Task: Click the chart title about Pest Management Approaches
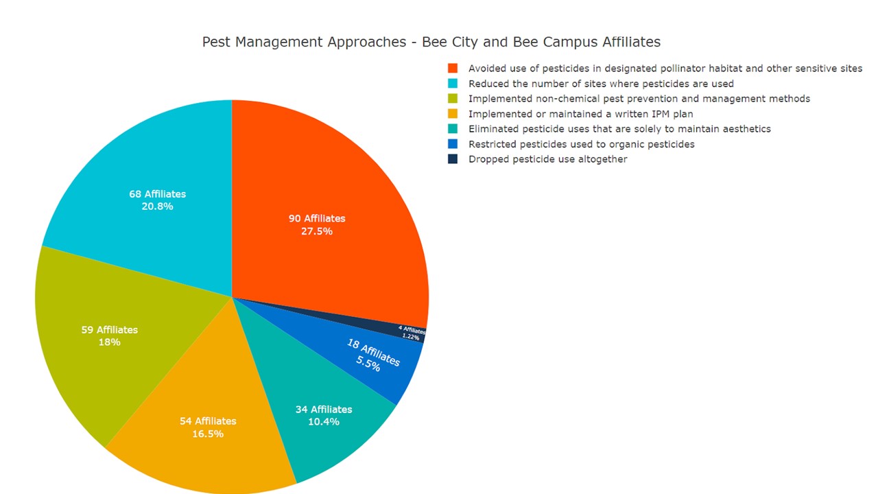click(431, 42)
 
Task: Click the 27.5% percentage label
click(317, 232)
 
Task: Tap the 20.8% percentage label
click(157, 207)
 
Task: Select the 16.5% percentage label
click(208, 434)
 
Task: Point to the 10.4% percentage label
click(324, 422)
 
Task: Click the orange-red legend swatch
click(453, 69)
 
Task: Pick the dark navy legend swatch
click(453, 159)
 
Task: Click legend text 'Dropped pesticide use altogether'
click(547, 159)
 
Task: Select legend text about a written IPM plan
click(580, 114)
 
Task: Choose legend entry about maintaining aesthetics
click(619, 129)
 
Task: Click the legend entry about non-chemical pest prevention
click(639, 99)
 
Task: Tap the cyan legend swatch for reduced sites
click(453, 84)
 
